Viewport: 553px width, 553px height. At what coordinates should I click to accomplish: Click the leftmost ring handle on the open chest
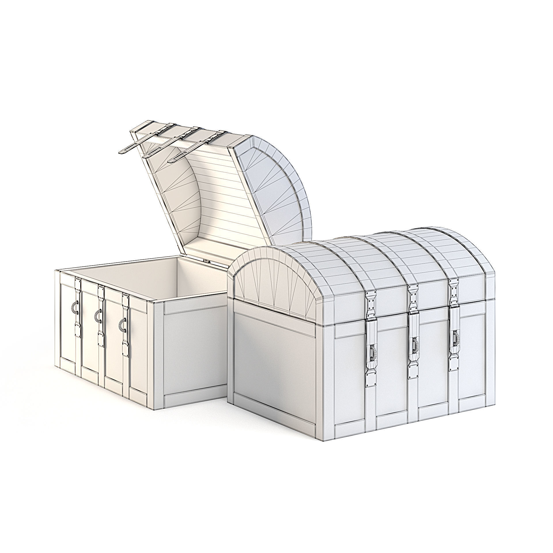click(75, 307)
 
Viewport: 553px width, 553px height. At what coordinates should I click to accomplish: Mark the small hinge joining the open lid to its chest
click(206, 261)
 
